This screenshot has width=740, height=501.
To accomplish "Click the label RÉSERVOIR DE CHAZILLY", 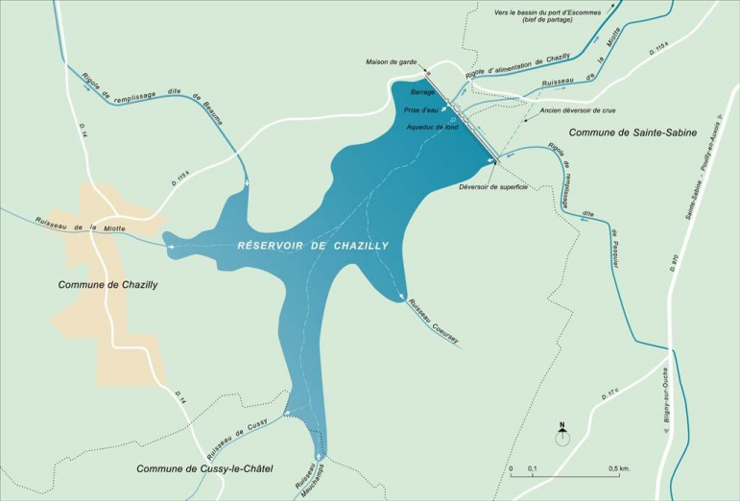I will click(313, 247).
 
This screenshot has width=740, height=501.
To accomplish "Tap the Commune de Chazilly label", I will click(107, 285).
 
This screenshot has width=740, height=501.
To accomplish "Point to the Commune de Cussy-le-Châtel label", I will click(206, 468).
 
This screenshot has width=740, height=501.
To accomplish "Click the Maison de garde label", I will click(391, 62).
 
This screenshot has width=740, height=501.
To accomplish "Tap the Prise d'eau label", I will click(421, 110).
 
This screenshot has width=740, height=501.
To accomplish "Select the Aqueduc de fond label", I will click(435, 127).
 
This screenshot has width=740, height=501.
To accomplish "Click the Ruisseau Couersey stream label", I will click(433, 322).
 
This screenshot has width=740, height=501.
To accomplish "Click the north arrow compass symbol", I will click(562, 436).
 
